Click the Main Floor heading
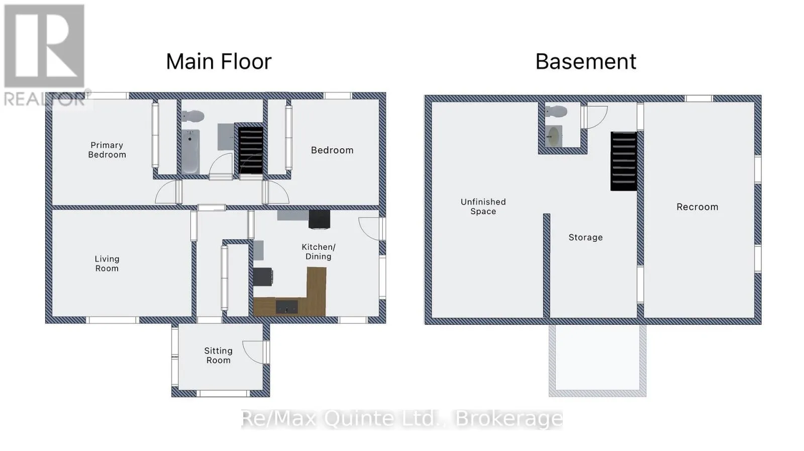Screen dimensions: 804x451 (x=219, y=61)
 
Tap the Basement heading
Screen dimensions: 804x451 (x=586, y=61)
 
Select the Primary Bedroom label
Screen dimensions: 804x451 (x=107, y=150)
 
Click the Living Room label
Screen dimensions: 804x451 (x=107, y=263)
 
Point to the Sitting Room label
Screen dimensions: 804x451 (x=218, y=355)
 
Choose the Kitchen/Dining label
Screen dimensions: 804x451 (x=319, y=252)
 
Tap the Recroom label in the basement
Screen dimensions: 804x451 (x=697, y=207)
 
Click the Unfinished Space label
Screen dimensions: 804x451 (x=483, y=207)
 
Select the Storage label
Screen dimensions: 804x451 (x=585, y=237)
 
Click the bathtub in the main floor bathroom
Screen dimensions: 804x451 (x=190, y=151)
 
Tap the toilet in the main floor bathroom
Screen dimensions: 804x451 (x=193, y=116)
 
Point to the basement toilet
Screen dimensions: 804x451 (x=556, y=111)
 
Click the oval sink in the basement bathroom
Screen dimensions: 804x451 (x=553, y=136)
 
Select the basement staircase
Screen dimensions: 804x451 (x=624, y=161)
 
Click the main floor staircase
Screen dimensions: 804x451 (x=251, y=150)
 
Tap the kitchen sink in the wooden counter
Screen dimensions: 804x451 (x=286, y=307)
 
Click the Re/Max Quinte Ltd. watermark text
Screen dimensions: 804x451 (x=401, y=419)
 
